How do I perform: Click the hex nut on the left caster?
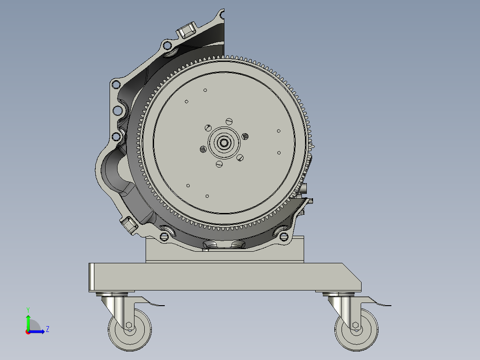tap(129, 325)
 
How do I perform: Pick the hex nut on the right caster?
tap(356, 325)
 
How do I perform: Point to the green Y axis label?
tap(28, 309)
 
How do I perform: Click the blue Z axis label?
tap(47, 329)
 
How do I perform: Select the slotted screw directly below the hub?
tap(219, 164)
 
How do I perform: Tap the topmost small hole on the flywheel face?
tap(205, 90)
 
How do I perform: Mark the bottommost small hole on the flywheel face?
tap(207, 196)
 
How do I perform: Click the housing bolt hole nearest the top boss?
tap(167, 45)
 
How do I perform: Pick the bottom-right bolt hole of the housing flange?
tap(283, 236)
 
